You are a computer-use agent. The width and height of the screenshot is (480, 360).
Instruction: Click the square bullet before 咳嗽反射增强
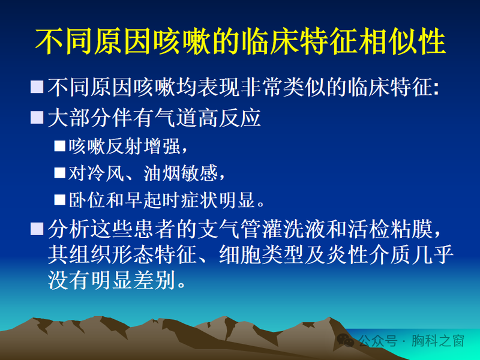tap(59, 146)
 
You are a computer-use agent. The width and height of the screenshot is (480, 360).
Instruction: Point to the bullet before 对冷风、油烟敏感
tap(59, 173)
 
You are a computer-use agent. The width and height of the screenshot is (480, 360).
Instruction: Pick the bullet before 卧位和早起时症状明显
tap(59, 199)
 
